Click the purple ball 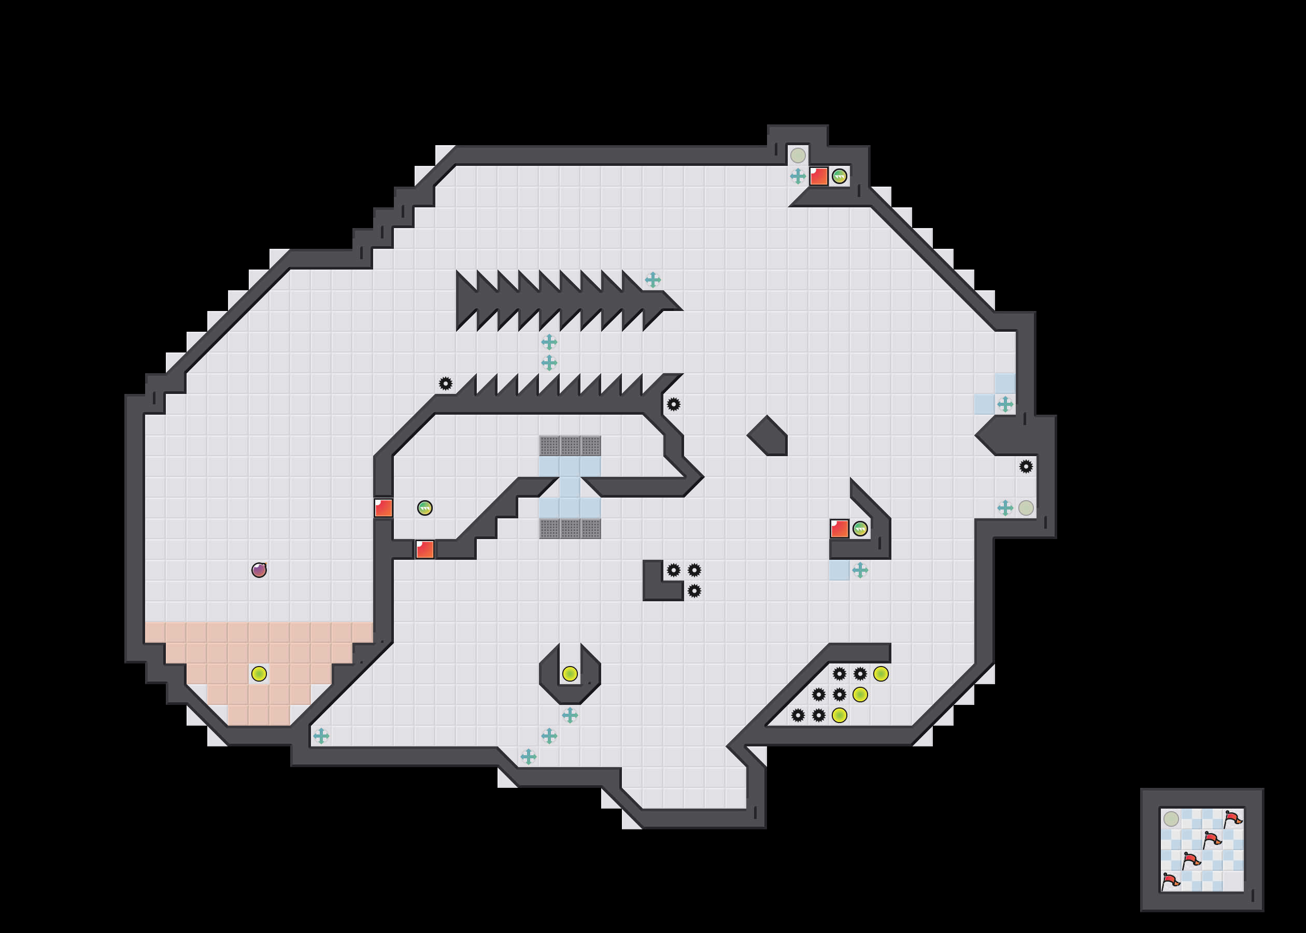(x=259, y=570)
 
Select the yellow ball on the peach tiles (x=259, y=673)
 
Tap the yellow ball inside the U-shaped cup (x=570, y=673)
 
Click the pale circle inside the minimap (x=1171, y=818)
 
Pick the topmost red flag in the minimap (x=1232, y=818)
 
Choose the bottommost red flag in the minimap (x=1170, y=881)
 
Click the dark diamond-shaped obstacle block (x=768, y=435)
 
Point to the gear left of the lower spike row (x=446, y=383)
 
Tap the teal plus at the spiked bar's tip (x=652, y=280)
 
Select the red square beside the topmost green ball (x=818, y=176)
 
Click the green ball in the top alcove (x=839, y=176)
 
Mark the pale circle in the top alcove (x=798, y=155)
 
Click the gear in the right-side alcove (x=1026, y=466)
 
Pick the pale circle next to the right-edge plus (x=1026, y=508)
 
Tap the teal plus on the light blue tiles (x=1005, y=404)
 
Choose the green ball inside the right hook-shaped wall (x=860, y=529)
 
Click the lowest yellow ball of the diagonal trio (x=839, y=715)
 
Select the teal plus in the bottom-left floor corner (x=321, y=736)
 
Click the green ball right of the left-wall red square (x=425, y=508)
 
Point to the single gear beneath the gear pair (x=694, y=590)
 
